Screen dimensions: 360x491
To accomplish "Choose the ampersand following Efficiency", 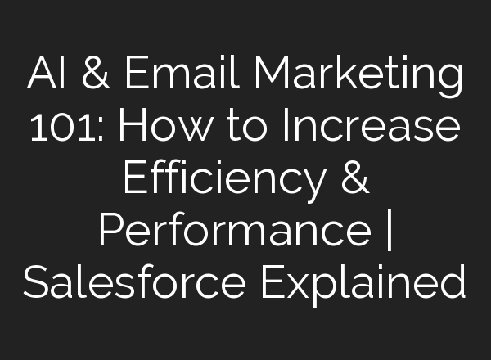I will [x=353, y=181].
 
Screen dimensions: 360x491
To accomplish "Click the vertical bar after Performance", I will [x=387, y=233].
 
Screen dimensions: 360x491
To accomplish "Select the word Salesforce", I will [x=134, y=283].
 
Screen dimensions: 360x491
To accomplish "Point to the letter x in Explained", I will [x=310, y=286].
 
